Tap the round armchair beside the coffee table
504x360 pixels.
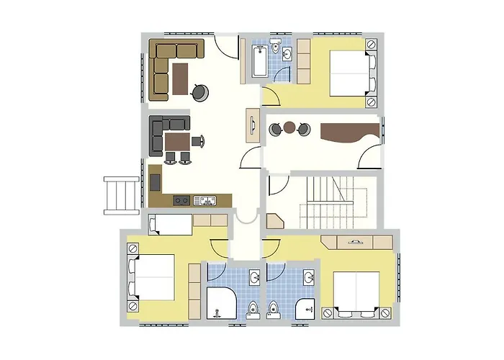coord(201,91)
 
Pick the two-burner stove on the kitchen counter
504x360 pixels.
coord(181,201)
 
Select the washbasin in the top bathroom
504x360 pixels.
coord(287,54)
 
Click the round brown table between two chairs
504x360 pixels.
coord(289,128)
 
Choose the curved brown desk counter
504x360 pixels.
coord(348,132)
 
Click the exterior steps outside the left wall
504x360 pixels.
coord(121,195)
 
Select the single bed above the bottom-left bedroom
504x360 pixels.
coord(170,225)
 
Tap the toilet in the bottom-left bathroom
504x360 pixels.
coord(253,309)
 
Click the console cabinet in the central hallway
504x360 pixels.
coord(253,125)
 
